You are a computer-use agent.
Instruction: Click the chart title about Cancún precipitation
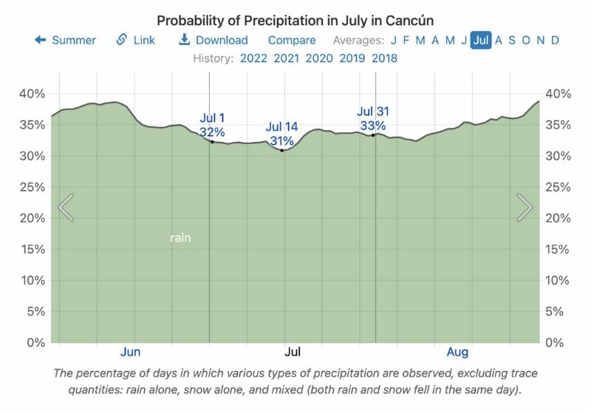tap(295, 18)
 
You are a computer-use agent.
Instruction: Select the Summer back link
tap(65, 40)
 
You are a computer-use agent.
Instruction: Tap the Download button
tap(213, 40)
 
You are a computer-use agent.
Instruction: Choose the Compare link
tap(292, 40)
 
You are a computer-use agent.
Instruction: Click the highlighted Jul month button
tap(481, 40)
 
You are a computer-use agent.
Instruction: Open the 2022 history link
tap(253, 58)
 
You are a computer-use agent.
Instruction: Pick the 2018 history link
tap(384, 58)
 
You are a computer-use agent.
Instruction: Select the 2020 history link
tap(318, 58)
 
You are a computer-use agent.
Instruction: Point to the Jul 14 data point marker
tap(282, 150)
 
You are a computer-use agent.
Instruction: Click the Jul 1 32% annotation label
tap(211, 125)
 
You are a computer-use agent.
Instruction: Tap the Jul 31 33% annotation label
tap(373, 118)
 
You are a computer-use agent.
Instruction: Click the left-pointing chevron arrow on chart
tap(66, 207)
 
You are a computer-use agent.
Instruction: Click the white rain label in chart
tap(180, 238)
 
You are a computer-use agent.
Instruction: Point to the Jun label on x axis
tap(131, 351)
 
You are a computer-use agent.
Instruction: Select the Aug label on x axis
tap(457, 351)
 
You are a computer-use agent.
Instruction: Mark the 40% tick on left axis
tap(32, 94)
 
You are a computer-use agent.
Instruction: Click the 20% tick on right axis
tap(558, 218)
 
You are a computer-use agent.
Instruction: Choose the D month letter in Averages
tap(555, 40)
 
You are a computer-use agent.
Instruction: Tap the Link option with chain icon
tap(135, 40)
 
